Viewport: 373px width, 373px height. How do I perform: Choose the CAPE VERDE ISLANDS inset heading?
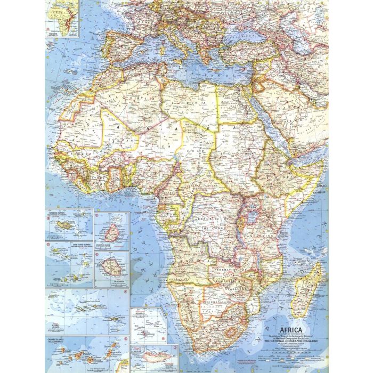pyautogui.click(x=61, y=246)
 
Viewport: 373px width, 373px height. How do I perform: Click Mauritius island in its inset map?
pyautogui.click(x=112, y=232)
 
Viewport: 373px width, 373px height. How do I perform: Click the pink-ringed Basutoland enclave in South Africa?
pyautogui.click(x=230, y=334)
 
